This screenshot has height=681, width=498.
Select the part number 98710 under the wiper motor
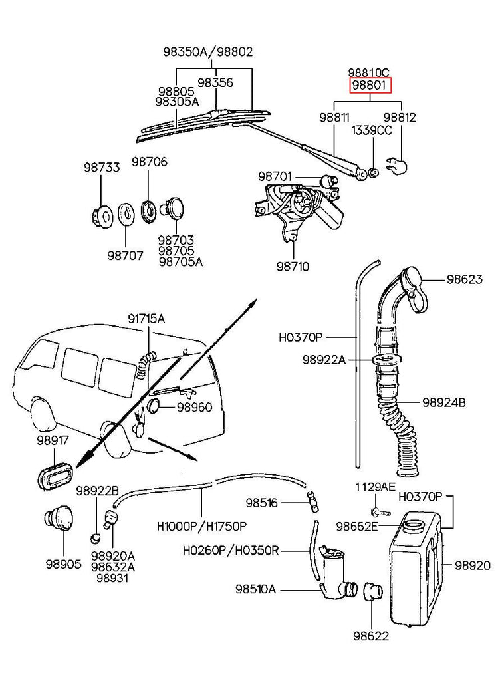293,266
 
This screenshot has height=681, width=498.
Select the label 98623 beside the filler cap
464,280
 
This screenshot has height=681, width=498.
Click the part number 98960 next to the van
194,406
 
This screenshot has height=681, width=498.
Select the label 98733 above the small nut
102,168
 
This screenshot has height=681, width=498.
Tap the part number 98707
125,255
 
